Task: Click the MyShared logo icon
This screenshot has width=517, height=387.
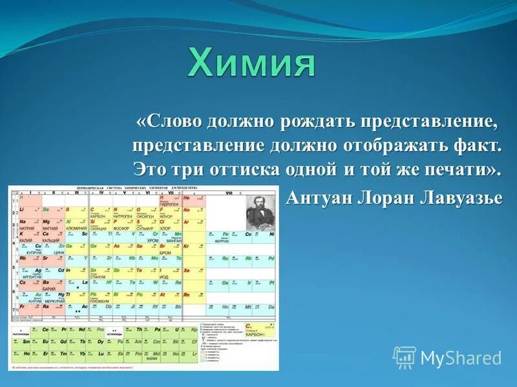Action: tap(405, 357)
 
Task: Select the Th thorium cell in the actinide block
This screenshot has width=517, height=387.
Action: tap(140, 331)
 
